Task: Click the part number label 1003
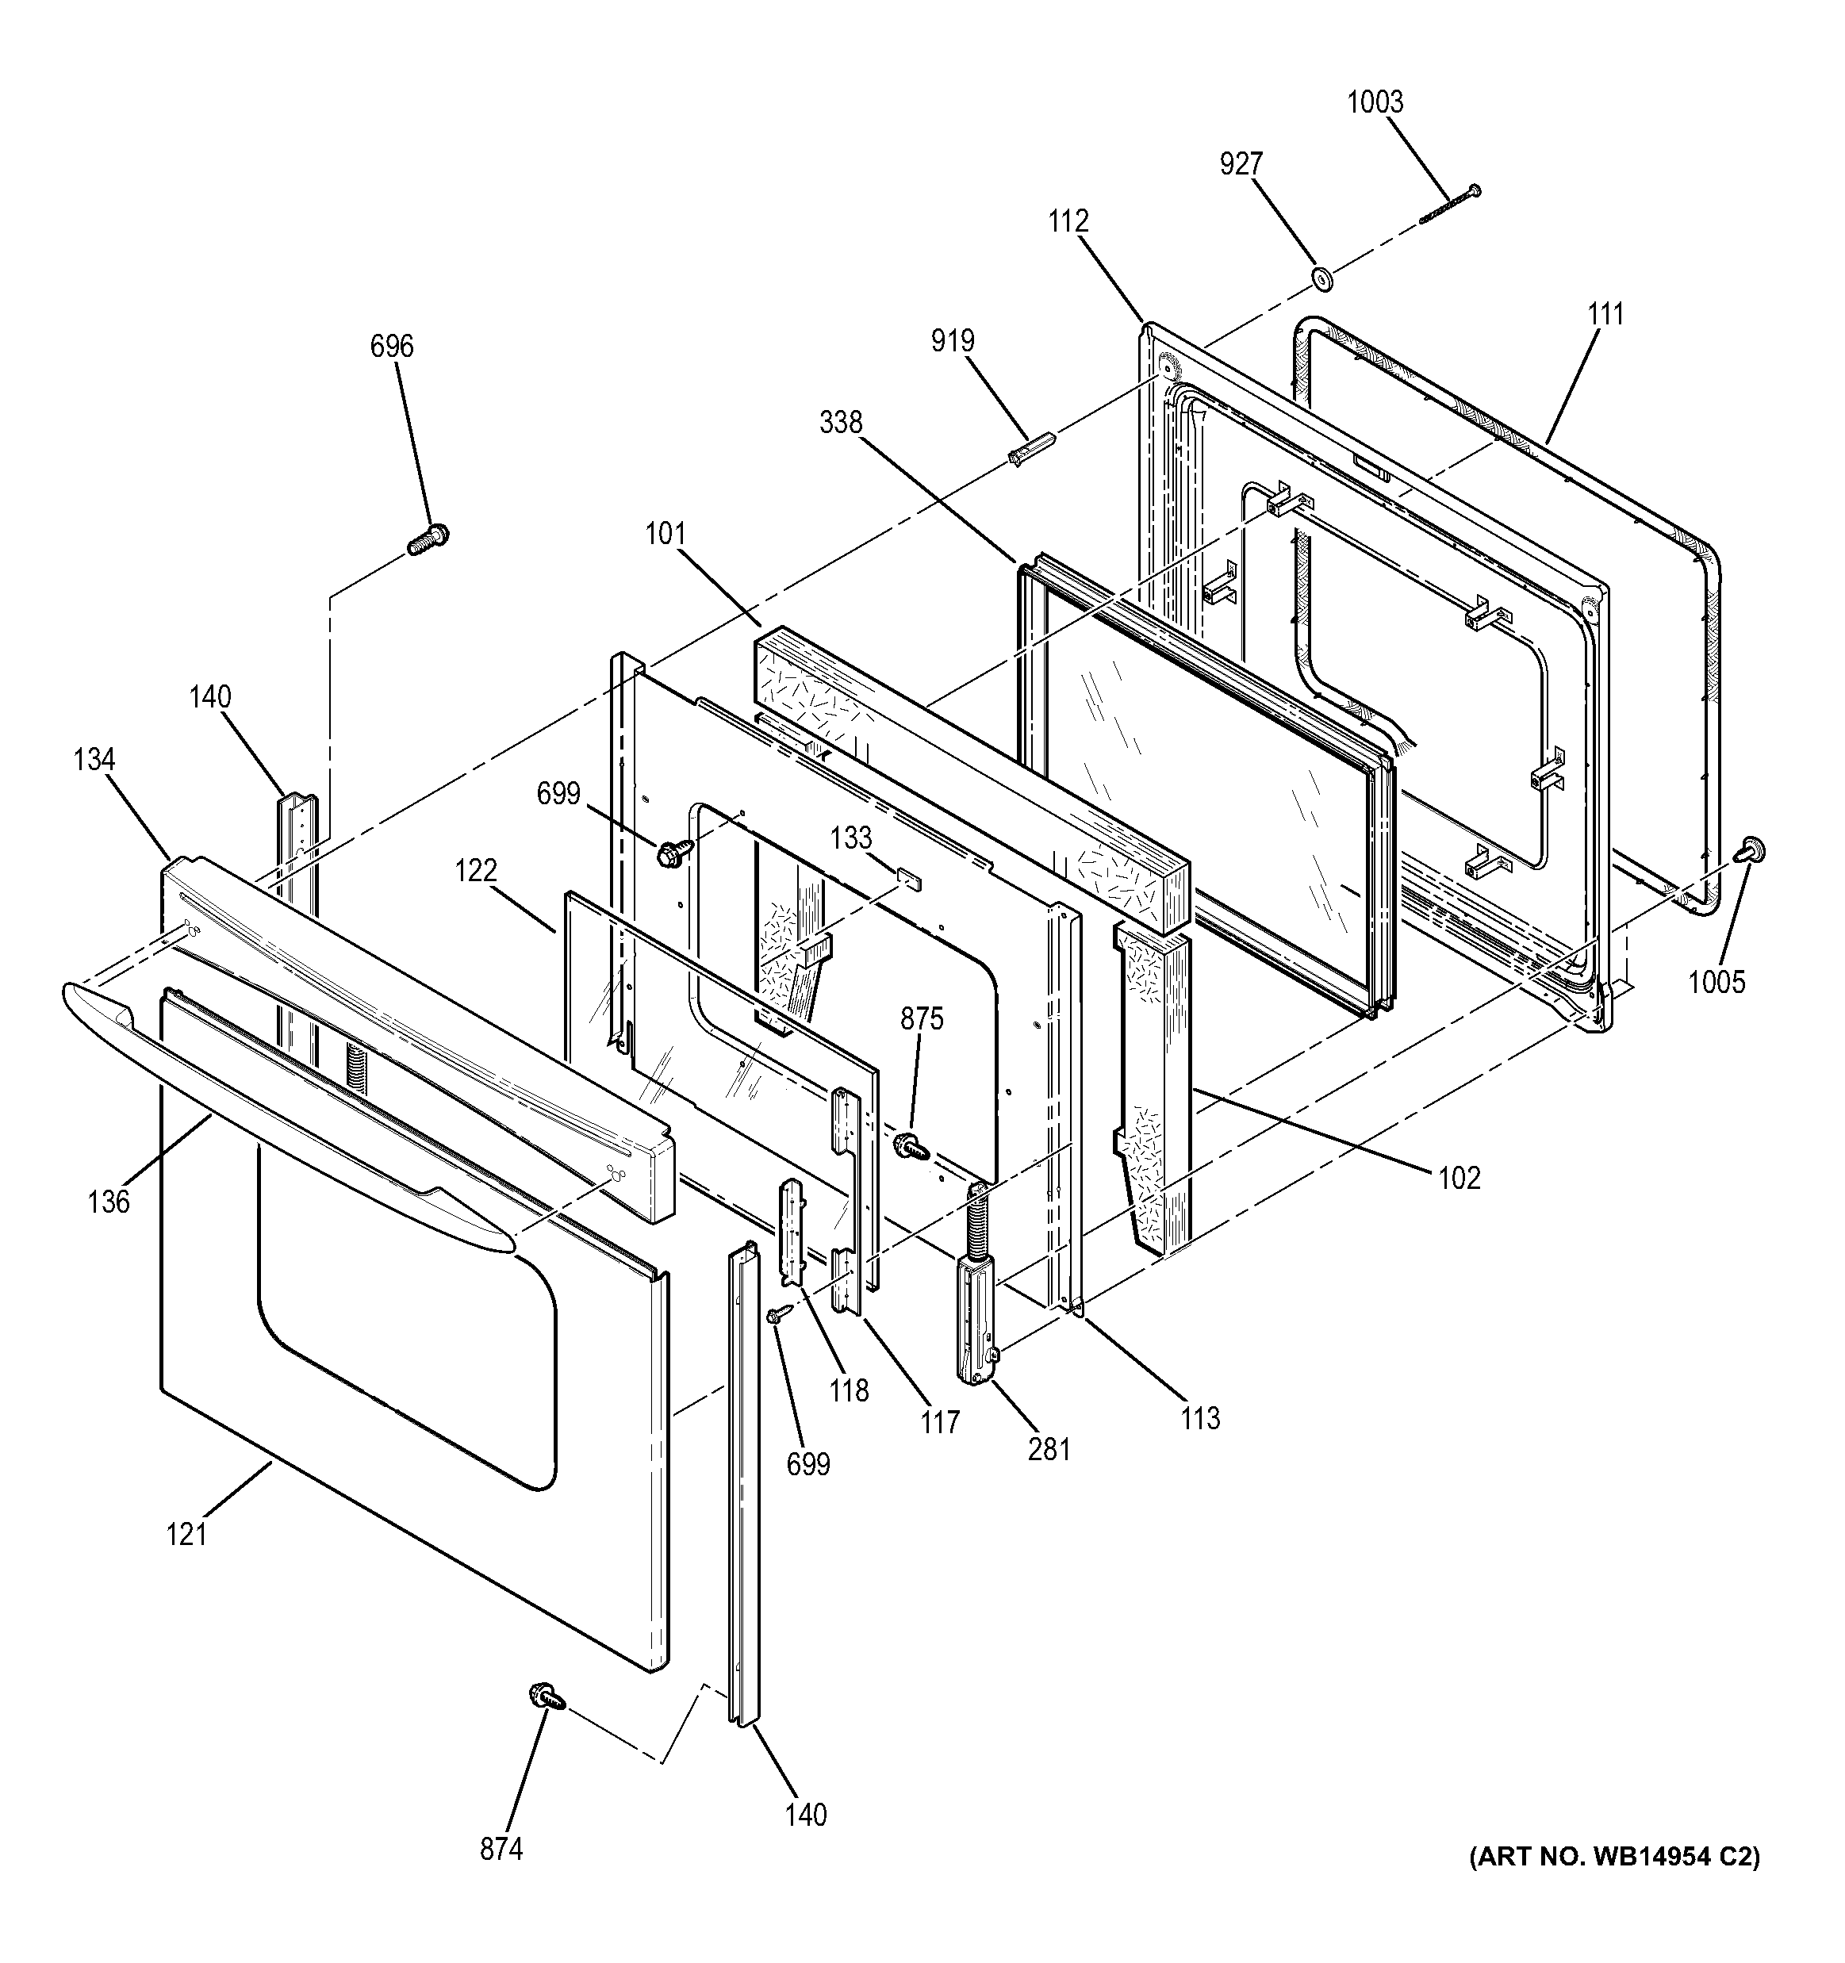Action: coord(1375,102)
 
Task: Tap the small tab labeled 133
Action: coord(909,878)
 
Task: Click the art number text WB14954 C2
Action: coord(1613,1858)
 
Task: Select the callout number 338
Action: coord(841,423)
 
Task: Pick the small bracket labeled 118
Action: coord(793,1230)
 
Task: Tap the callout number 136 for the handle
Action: coord(109,1201)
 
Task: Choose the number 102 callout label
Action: coord(1459,1177)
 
